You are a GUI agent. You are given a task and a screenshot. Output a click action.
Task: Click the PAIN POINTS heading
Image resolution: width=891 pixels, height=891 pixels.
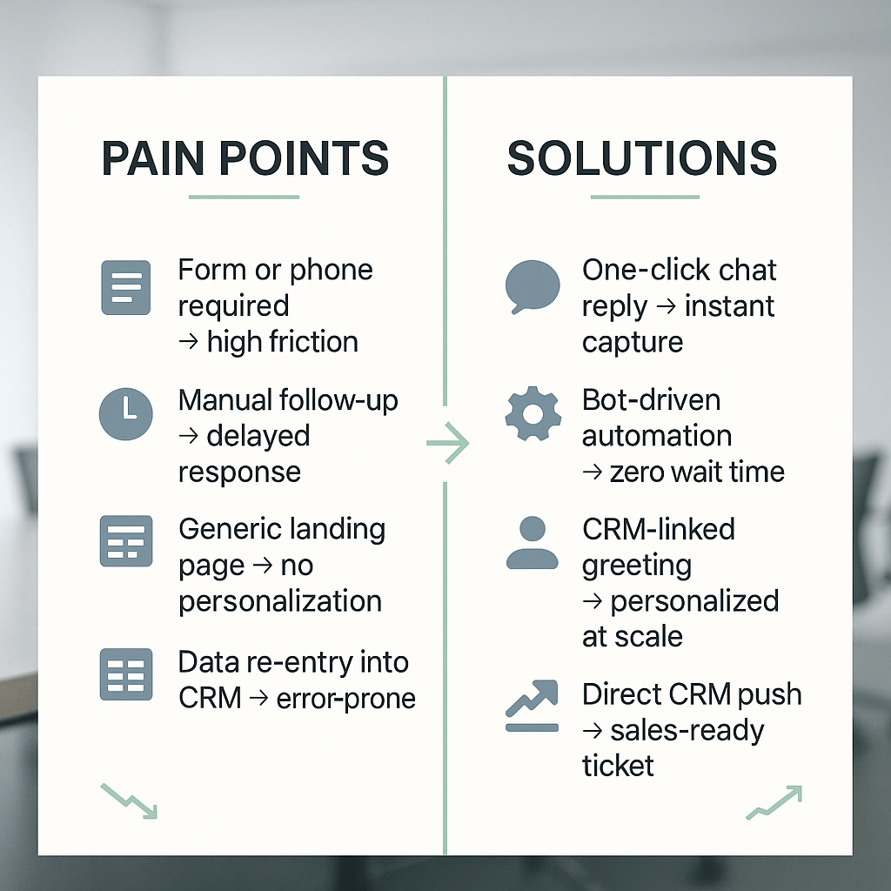point(245,158)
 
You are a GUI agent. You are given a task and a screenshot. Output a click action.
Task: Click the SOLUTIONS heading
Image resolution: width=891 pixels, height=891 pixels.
point(642,158)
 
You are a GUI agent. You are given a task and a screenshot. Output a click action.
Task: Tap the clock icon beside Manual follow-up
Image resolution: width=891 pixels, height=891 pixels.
point(126,413)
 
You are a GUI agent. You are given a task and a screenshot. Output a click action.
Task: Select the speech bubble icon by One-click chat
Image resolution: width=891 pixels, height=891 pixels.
point(533,286)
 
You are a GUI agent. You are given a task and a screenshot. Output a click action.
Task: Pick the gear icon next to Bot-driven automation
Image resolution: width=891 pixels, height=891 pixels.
point(533,414)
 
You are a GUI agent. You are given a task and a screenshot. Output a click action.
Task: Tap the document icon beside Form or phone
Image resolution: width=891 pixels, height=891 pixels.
point(126,286)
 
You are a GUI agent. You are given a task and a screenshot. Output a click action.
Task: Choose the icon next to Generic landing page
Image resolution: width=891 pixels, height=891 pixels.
point(126,541)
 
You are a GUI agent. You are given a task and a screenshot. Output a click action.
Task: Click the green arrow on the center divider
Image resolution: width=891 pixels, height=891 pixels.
point(447,445)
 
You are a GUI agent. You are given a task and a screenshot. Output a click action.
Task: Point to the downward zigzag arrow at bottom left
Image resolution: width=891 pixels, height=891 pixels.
point(130,801)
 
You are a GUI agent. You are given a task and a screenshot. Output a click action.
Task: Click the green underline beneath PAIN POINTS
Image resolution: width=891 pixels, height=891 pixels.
point(245,197)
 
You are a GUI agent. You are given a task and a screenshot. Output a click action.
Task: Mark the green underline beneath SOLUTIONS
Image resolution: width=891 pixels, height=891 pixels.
point(645,197)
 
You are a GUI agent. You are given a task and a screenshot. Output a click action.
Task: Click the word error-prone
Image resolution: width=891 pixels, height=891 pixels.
point(346,698)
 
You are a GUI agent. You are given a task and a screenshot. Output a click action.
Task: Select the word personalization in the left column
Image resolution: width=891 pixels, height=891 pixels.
point(280,601)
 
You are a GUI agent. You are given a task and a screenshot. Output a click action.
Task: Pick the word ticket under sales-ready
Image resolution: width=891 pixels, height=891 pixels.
point(618,766)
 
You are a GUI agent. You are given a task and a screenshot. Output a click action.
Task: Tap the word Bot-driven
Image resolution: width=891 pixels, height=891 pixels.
point(651,400)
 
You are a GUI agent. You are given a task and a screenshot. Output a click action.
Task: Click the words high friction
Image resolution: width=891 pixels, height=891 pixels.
point(282,342)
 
